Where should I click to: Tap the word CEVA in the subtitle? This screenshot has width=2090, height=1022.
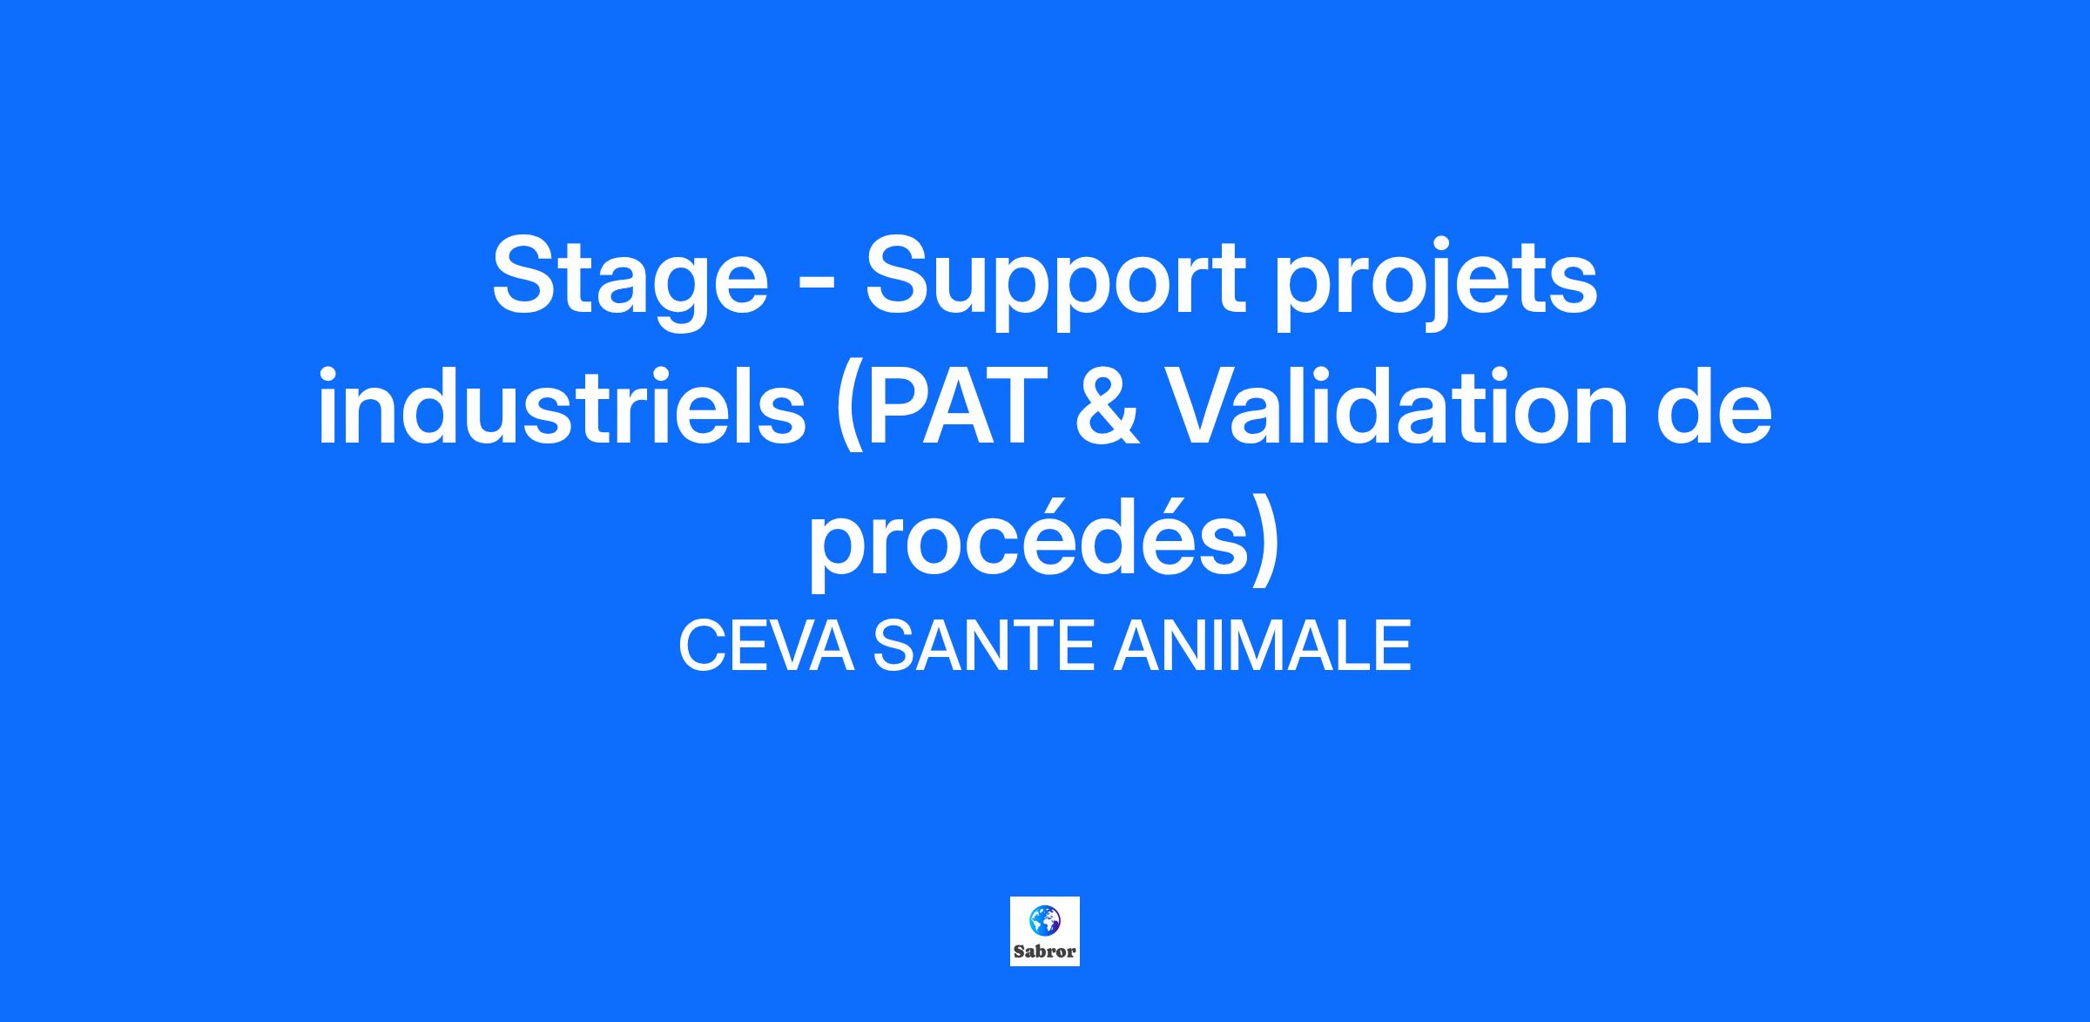pyautogui.click(x=765, y=646)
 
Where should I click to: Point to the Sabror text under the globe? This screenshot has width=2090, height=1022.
pyautogui.click(x=1044, y=951)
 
